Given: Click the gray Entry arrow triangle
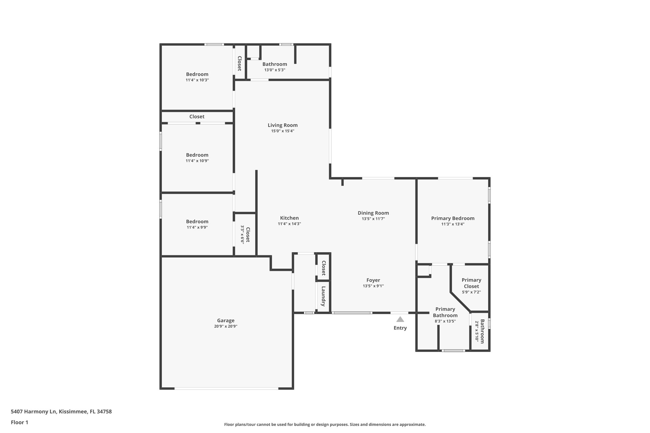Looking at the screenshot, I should coord(400,319).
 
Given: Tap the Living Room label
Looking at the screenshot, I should coord(282,125).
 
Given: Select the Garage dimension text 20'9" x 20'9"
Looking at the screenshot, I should coord(226,326).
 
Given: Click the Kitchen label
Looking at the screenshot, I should coord(289,218).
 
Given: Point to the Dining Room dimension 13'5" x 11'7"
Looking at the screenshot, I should coord(373,219).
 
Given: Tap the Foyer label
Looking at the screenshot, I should coord(373,280).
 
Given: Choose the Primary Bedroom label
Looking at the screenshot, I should coord(453,218).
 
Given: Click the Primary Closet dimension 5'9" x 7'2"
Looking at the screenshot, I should coord(471,292).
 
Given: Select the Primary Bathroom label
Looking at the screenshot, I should coord(445,312).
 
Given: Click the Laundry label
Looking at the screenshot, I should coord(323,296).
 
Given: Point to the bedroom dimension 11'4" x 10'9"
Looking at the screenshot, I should coord(197,161).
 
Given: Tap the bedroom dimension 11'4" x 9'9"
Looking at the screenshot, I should coord(197,227).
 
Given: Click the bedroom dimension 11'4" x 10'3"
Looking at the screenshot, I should coord(197,80).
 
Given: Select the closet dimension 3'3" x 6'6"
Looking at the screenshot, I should coord(242,234).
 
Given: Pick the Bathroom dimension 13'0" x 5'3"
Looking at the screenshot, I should coord(275,70).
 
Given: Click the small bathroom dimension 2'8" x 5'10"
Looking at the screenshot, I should coord(477,331).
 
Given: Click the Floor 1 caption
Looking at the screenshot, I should coord(19,422).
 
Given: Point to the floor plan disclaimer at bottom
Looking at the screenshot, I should coord(325,424).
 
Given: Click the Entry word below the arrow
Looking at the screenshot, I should coord(400,328).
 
